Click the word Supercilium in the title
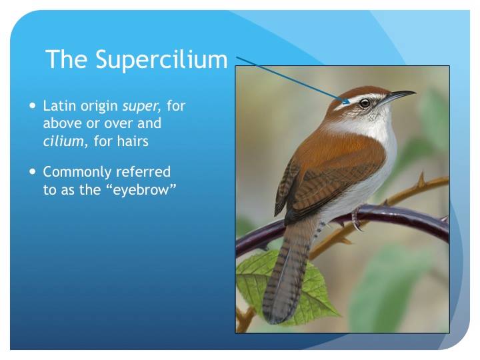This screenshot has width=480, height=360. [x=161, y=60]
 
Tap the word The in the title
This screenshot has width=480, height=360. [x=67, y=59]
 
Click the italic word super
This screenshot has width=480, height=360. [x=141, y=106]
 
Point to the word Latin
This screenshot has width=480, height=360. [x=59, y=105]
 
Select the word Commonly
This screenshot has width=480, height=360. [x=77, y=173]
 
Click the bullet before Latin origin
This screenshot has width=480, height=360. [x=33, y=105]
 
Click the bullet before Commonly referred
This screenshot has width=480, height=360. [x=33, y=171]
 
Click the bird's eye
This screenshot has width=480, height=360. [x=365, y=103]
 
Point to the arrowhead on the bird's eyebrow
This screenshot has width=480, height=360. [x=346, y=101]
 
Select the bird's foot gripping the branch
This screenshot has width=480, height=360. [x=357, y=219]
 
